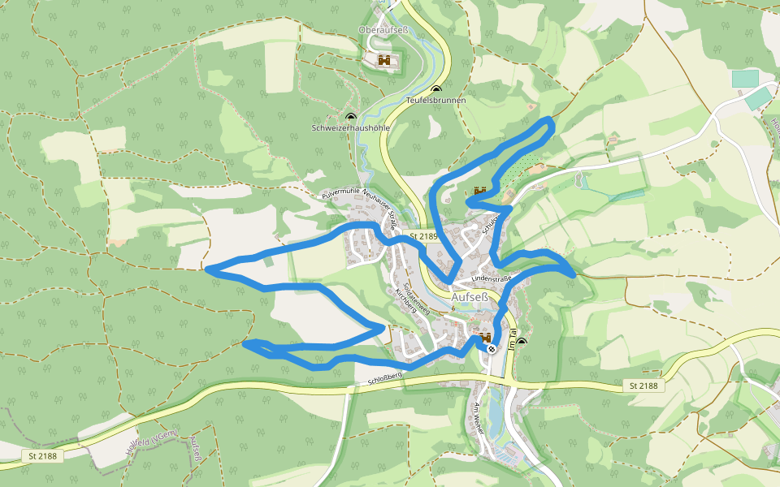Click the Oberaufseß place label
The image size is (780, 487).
tap(383, 30)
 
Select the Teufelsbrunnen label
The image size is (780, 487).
tap(435, 101)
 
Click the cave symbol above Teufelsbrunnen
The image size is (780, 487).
tap(436, 89)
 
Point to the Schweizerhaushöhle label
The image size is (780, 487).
tap(351, 128)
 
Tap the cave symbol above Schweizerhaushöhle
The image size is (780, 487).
tap(351, 117)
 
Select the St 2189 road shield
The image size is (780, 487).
tap(423, 236)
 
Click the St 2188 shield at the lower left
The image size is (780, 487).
tap(43, 456)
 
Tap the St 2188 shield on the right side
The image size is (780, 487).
tap(643, 386)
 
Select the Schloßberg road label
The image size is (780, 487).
tap(385, 377)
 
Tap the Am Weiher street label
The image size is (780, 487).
tap(478, 417)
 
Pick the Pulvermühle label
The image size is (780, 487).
tap(341, 193)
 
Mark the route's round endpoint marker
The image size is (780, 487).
tap(492, 347)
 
